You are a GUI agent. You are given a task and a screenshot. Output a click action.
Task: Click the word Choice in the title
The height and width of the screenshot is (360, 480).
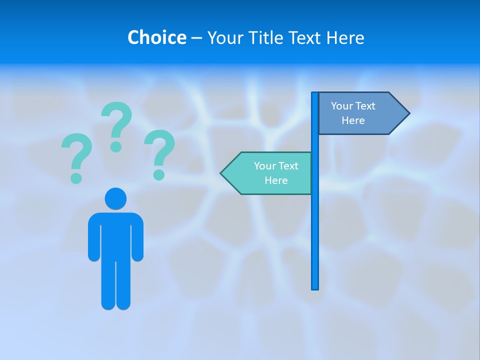tap(156, 37)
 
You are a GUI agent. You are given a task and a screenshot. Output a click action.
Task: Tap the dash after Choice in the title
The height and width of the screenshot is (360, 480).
tap(196, 38)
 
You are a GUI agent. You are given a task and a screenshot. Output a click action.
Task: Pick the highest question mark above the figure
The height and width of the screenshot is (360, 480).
tap(116, 125)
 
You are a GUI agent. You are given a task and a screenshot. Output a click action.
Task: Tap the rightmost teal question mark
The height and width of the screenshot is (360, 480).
tap(159, 152)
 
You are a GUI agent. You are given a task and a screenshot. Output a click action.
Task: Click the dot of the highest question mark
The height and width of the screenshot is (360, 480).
tap(116, 146)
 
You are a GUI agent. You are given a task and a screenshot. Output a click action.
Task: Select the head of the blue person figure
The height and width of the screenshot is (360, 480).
tap(115, 198)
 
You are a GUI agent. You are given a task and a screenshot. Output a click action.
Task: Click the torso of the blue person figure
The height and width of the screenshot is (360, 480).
tap(115, 235)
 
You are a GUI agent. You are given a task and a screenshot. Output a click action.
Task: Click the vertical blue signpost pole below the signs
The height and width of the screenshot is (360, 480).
tap(315, 240)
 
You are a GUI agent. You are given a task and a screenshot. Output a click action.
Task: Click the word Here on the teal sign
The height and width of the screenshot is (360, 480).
tap(276, 180)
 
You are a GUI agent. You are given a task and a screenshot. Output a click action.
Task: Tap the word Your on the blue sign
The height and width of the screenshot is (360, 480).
tap(342, 106)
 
